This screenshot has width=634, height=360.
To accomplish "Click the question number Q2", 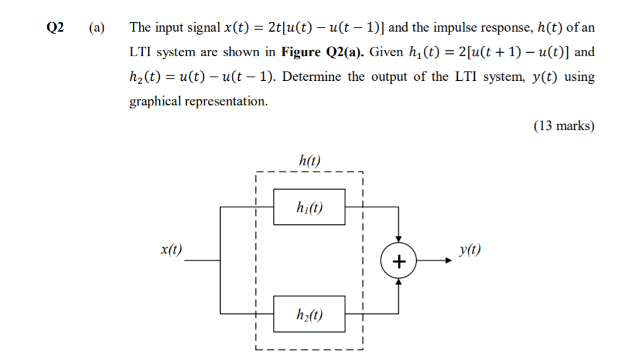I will (x=56, y=28).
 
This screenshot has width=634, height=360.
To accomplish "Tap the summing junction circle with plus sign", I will (x=399, y=261).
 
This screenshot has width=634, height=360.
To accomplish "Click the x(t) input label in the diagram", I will (x=171, y=250).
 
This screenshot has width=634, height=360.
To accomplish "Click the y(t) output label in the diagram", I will (x=471, y=250).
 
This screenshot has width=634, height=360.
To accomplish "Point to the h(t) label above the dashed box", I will (x=310, y=160).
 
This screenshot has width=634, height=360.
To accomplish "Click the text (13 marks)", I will (x=564, y=126).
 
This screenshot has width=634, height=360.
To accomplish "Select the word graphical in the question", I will (x=155, y=101).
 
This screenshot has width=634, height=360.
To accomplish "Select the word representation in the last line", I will (x=226, y=101).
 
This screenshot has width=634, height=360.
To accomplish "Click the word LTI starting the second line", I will (x=140, y=52).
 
